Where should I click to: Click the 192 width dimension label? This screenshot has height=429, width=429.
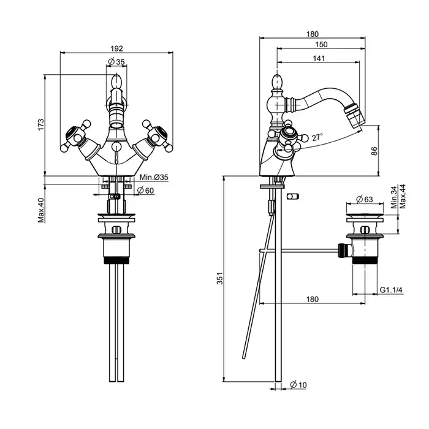pyautogui.click(x=117, y=48)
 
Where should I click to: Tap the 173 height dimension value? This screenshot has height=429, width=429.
pyautogui.click(x=41, y=124)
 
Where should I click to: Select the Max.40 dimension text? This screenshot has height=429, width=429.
pyautogui.click(x=41, y=210)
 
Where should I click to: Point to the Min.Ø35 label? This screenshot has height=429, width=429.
pyautogui.click(x=154, y=177)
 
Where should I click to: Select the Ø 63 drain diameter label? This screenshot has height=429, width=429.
pyautogui.click(x=366, y=199)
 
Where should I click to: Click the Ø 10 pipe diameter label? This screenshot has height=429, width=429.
pyautogui.click(x=298, y=384)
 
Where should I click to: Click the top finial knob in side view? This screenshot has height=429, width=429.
pyautogui.click(x=276, y=80)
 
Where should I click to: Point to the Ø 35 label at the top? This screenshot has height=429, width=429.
pyautogui.click(x=116, y=61)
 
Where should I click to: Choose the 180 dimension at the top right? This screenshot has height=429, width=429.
pyautogui.click(x=312, y=34)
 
